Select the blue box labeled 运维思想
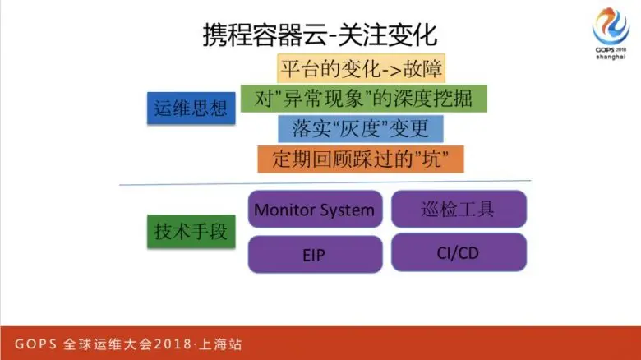[190, 106]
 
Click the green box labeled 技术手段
[190, 231]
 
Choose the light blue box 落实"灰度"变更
[360, 128]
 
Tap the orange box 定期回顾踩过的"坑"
[361, 158]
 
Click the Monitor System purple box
[314, 210]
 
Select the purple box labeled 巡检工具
[459, 209]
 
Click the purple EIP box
[314, 254]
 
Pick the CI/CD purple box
[459, 252]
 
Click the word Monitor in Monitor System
[284, 210]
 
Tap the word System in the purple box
[346, 210]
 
